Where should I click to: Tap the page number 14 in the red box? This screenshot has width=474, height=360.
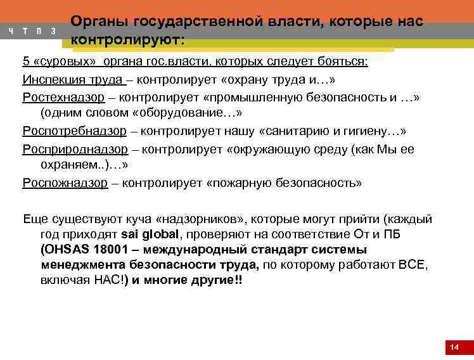(x=454, y=347)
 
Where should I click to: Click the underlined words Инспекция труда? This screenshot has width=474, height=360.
(x=72, y=80)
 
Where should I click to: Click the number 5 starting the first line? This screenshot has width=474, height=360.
(x=26, y=62)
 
